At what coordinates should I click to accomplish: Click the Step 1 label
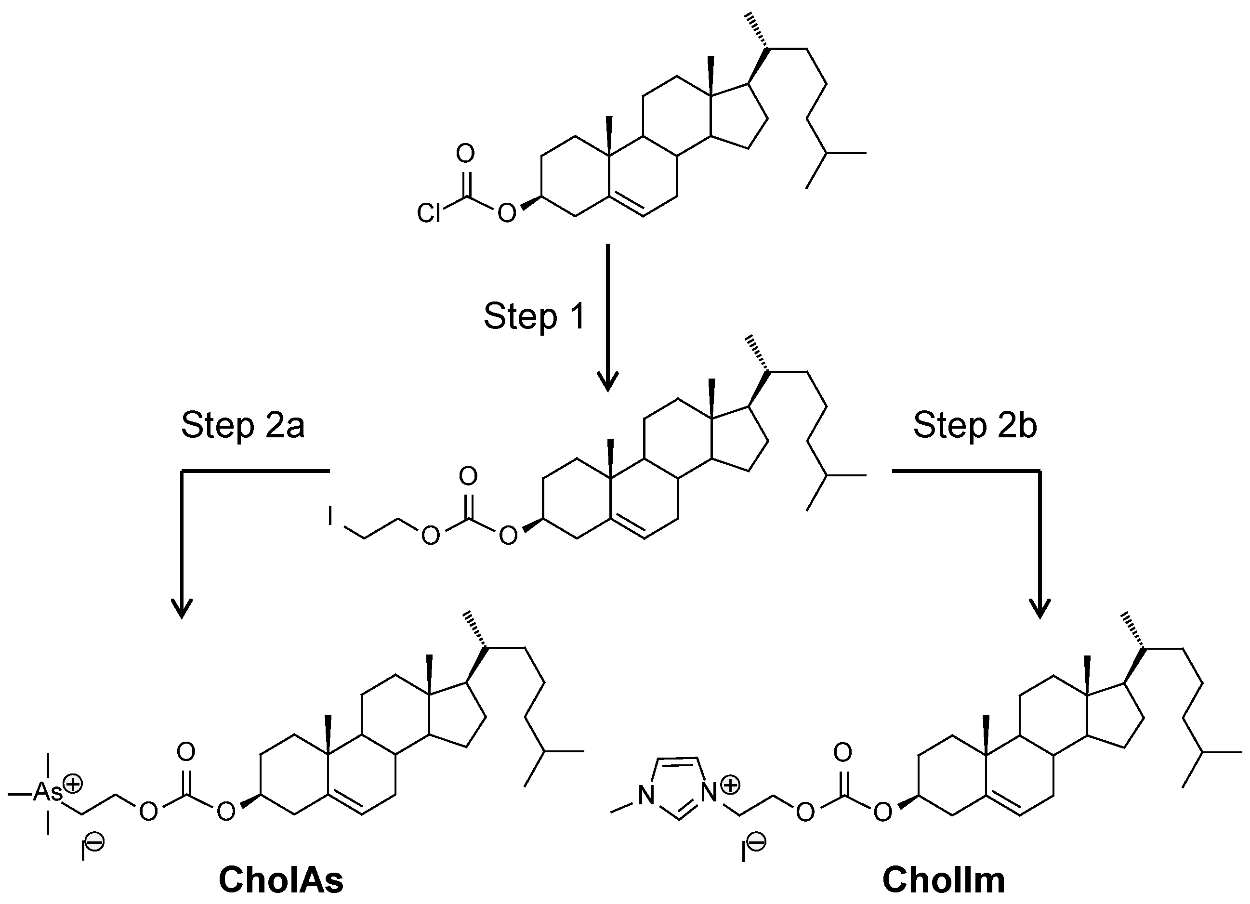point(534,317)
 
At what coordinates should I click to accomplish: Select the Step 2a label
point(242,426)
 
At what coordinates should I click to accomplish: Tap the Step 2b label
point(975,426)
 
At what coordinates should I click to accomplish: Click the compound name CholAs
point(281,880)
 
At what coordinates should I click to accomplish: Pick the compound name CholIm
point(944,880)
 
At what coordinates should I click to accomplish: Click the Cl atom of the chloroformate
point(429,213)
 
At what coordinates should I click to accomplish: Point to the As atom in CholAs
point(49,792)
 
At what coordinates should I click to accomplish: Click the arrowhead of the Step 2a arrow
point(182,609)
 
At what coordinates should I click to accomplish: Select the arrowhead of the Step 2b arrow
point(1040,609)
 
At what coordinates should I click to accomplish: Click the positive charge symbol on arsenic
point(72,783)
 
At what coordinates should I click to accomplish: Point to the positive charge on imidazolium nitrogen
point(730,786)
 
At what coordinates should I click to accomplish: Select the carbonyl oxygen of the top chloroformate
point(466,154)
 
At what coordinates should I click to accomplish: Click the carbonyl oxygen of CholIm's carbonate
point(842,752)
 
